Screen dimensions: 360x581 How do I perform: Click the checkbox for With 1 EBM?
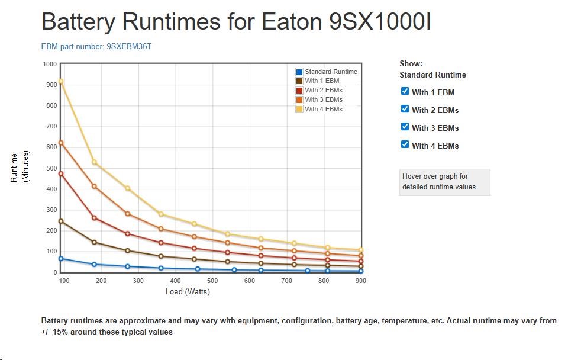click(405, 91)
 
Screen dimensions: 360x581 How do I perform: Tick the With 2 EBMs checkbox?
click(405, 109)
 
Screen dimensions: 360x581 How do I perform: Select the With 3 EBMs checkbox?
click(405, 127)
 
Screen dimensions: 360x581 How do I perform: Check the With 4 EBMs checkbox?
click(405, 144)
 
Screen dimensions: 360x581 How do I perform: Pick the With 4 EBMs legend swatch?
click(299, 109)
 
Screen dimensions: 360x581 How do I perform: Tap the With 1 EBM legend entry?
click(321, 81)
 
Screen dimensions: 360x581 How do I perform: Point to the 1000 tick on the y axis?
click(50, 64)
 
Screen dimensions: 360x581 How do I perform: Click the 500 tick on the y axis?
click(51, 168)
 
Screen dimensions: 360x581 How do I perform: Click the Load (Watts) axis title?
click(188, 291)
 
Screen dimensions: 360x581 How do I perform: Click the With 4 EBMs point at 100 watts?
click(60, 82)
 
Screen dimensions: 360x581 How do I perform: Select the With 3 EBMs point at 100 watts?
click(60, 143)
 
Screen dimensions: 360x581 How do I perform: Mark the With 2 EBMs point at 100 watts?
click(60, 174)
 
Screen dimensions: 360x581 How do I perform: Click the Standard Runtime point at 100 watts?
click(60, 259)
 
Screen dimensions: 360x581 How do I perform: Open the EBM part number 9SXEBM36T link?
click(96, 46)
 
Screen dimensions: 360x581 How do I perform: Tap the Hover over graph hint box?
click(444, 182)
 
